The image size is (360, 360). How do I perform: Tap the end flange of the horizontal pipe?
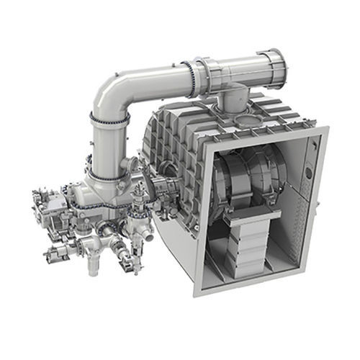click(274, 66)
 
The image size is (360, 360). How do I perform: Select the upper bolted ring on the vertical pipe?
click(109, 118)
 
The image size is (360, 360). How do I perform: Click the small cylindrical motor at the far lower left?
click(55, 253)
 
